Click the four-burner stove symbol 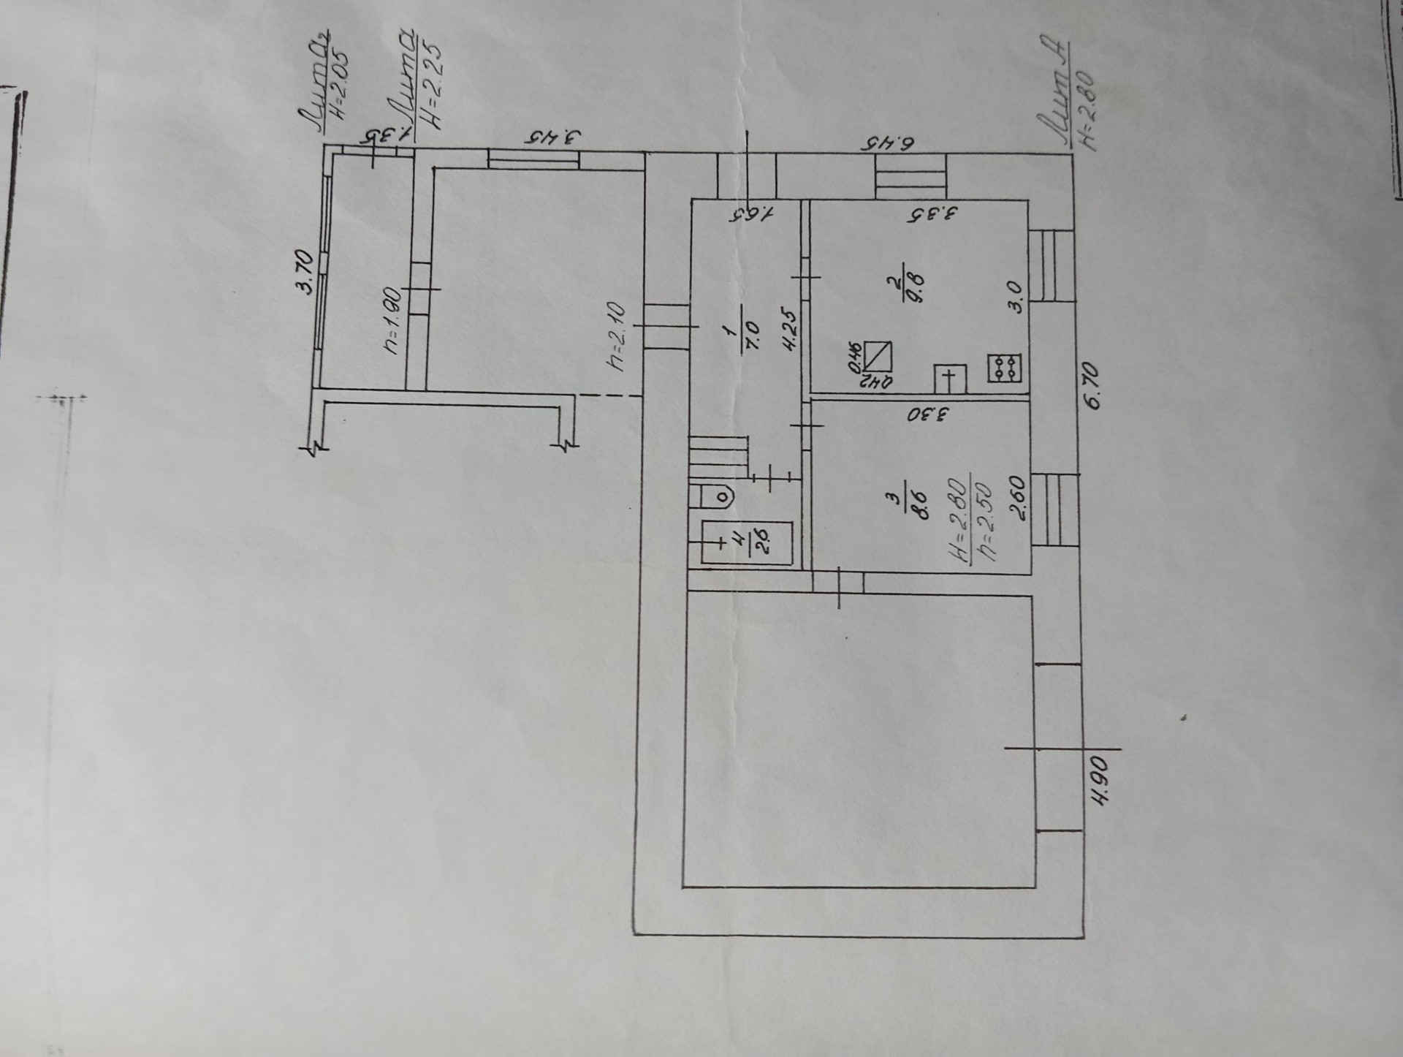(1005, 368)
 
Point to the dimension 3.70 (305, 271)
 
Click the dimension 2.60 (1019, 497)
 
